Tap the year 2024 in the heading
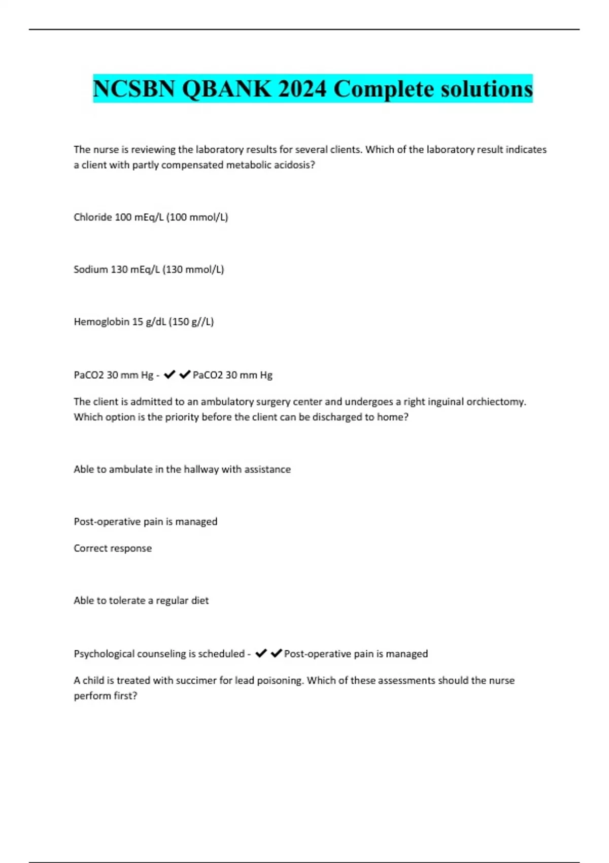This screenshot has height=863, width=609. pyautogui.click(x=302, y=89)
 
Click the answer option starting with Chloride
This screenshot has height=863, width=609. pyautogui.click(x=151, y=217)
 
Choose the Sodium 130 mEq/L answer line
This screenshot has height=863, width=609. pyautogui.click(x=149, y=270)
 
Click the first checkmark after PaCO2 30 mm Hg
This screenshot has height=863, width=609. pyautogui.click(x=170, y=375)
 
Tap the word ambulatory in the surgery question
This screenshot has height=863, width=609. pyautogui.click(x=227, y=402)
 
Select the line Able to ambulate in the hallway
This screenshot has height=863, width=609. pyautogui.click(x=182, y=470)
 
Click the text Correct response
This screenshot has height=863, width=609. pyautogui.click(x=113, y=548)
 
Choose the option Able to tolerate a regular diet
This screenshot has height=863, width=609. pyautogui.click(x=141, y=601)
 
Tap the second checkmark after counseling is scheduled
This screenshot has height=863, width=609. pyautogui.click(x=276, y=653)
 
